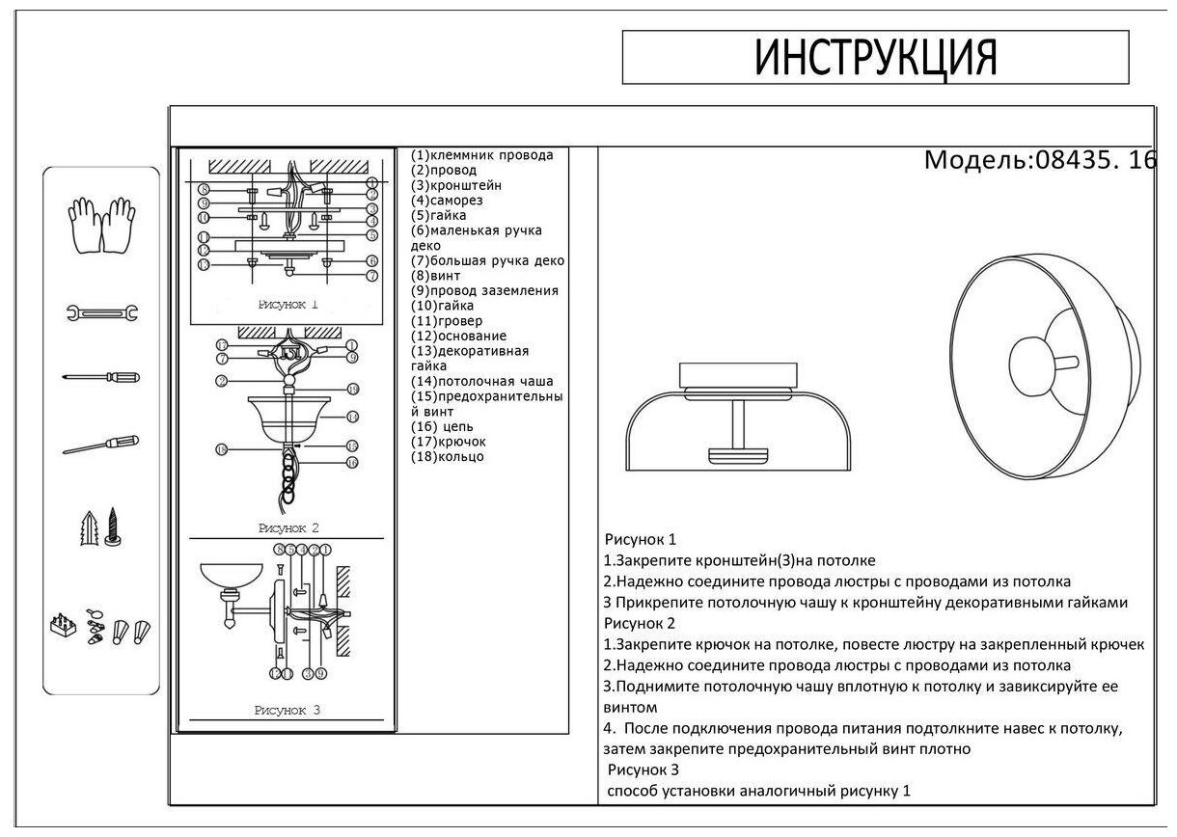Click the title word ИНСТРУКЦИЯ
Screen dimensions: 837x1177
[x=874, y=58]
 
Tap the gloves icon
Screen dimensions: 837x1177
[x=100, y=224]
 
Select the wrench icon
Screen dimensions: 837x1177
[x=101, y=311]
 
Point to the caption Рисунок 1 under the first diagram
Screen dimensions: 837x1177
[x=287, y=304]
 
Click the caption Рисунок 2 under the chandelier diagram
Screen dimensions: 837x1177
[x=287, y=527]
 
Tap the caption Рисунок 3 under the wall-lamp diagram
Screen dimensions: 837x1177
[x=287, y=711]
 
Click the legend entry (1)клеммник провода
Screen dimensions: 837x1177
[x=481, y=155]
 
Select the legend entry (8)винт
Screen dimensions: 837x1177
[x=435, y=276]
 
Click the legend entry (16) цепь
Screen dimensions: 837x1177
[x=442, y=426]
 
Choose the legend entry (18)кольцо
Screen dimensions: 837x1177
[x=447, y=456]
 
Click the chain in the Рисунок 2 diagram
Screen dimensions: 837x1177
[x=287, y=473]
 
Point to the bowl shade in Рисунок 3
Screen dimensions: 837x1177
[x=232, y=578]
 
